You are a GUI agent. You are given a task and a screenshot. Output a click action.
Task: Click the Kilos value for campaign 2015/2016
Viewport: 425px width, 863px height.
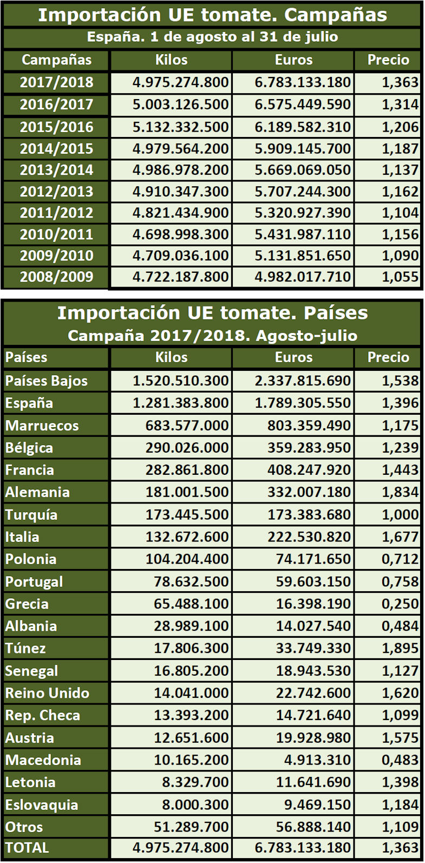pyautogui.click(x=180, y=127)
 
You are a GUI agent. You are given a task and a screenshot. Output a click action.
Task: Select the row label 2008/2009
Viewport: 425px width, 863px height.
pyautogui.click(x=56, y=277)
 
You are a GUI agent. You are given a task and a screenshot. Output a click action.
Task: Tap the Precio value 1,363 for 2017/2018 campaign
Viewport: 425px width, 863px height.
pyautogui.click(x=400, y=82)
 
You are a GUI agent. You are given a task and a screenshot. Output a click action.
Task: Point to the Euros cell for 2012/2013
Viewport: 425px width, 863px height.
pyautogui.click(x=303, y=192)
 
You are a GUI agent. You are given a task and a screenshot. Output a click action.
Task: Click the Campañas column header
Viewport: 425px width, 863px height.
pyautogui.click(x=56, y=60)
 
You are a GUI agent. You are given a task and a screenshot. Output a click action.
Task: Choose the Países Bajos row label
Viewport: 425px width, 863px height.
pyautogui.click(x=47, y=381)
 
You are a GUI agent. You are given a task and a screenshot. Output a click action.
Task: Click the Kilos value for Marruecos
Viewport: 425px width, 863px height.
pyautogui.click(x=187, y=426)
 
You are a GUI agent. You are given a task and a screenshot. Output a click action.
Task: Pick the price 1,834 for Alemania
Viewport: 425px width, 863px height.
pyautogui.click(x=400, y=492)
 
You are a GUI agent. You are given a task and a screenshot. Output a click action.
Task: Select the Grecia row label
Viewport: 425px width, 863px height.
pyautogui.click(x=27, y=604)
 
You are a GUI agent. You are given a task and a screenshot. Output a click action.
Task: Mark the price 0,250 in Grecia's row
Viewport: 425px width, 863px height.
pyautogui.click(x=400, y=604)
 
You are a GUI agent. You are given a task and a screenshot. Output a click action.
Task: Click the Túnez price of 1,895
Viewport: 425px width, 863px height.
pyautogui.click(x=400, y=649)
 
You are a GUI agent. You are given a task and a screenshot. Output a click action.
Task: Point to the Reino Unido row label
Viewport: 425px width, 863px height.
pyautogui.click(x=47, y=694)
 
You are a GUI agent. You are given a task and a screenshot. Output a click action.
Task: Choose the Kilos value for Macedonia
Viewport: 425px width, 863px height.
pyautogui.click(x=191, y=760)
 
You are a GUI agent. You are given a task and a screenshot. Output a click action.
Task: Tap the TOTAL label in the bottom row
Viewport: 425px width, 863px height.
pyautogui.click(x=27, y=848)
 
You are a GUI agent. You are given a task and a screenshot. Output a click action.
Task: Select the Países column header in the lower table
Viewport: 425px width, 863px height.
pyautogui.click(x=26, y=357)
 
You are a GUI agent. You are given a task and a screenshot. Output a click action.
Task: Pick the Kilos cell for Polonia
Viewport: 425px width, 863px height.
pyautogui.click(x=187, y=559)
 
